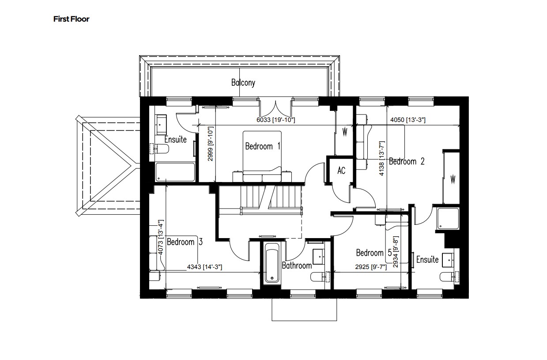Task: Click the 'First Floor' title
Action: (x=71, y=19)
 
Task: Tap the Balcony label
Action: (x=243, y=83)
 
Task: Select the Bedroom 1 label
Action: (x=263, y=146)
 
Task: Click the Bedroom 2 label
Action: (x=407, y=162)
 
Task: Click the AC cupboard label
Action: (x=341, y=171)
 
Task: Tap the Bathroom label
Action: (x=297, y=265)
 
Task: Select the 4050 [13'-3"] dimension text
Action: (x=408, y=120)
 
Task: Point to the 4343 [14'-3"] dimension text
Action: (x=204, y=267)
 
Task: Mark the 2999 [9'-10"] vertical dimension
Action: (x=211, y=144)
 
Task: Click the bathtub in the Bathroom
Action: (x=270, y=264)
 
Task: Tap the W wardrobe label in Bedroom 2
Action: (x=453, y=179)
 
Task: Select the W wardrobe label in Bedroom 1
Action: (x=345, y=132)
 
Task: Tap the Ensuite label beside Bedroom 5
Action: (x=427, y=260)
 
